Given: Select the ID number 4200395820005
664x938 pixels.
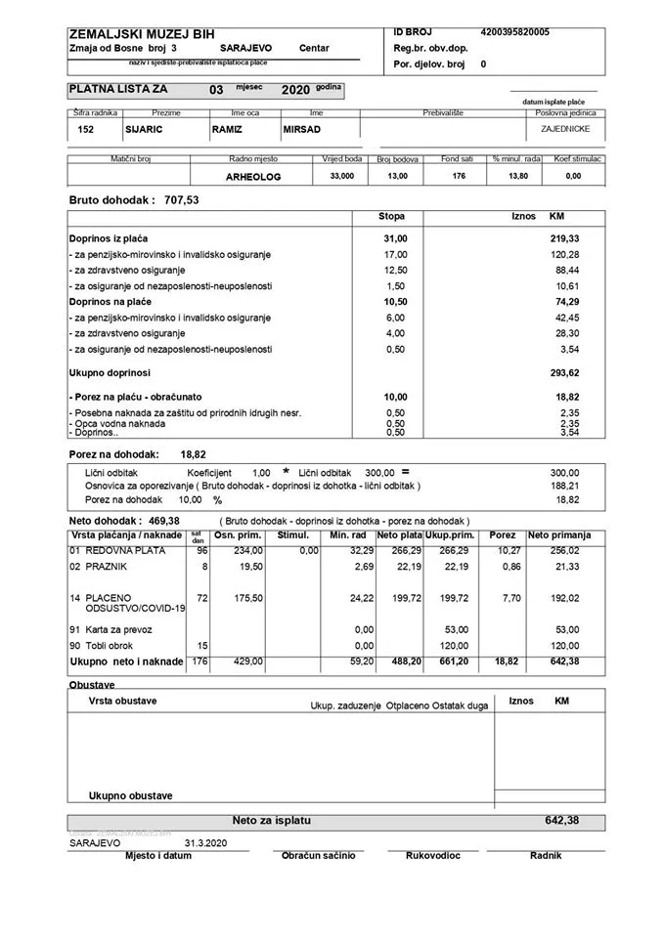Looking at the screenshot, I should pyautogui.click(x=514, y=32).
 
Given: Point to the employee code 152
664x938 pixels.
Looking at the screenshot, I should pyautogui.click(x=85, y=129).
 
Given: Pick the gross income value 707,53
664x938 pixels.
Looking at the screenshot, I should pyautogui.click(x=182, y=199).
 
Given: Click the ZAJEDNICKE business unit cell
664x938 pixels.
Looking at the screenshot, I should pyautogui.click(x=565, y=128).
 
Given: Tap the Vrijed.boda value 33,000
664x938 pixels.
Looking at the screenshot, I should pyautogui.click(x=342, y=176).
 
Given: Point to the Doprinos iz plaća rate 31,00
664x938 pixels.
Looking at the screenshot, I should pyautogui.click(x=395, y=238).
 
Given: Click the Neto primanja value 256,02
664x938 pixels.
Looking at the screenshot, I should pyautogui.click(x=572, y=551).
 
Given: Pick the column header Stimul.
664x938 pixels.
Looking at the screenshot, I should pyautogui.click(x=292, y=535).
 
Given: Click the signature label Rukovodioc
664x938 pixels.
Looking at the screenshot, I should pyautogui.click(x=431, y=856).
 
